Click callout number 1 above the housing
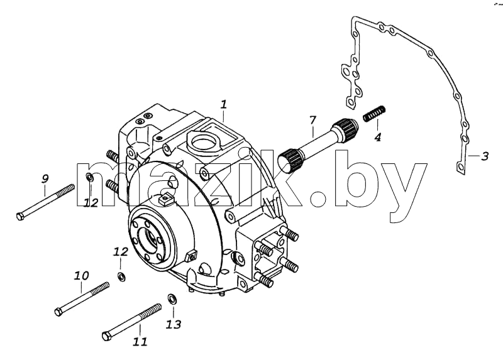pos(224,104)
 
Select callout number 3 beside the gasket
pos(484,156)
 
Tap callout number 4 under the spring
pos(378,137)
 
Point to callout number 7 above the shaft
pos(312,120)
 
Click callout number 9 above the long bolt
pos(45,178)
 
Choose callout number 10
pos(82,275)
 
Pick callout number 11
pos(140,341)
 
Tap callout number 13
pos(174,324)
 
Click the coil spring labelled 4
pos(374,114)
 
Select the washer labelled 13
pos(172,298)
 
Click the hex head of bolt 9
pos(20,216)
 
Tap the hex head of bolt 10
pos(58,311)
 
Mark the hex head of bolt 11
pos(107,335)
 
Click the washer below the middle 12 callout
pos(121,276)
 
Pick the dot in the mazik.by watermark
pos(319,199)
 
